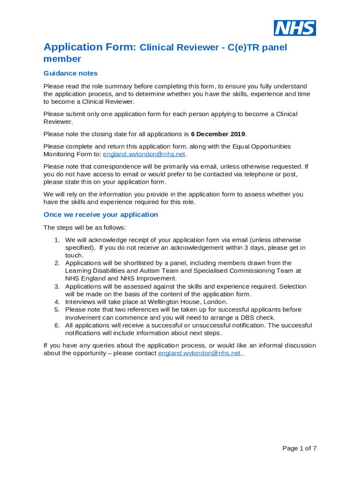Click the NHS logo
pyautogui.click(x=295, y=28)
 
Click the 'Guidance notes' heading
pyautogui.click(x=71, y=73)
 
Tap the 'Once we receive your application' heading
pyautogui.click(x=101, y=215)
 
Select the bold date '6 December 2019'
pyautogui.click(x=218, y=134)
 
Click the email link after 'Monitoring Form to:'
pyautogui.click(x=144, y=154)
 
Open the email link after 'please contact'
pyautogui.click(x=200, y=353)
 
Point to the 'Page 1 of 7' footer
pyautogui.click(x=299, y=448)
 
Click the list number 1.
pyautogui.click(x=56, y=240)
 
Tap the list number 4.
pyautogui.click(x=56, y=302)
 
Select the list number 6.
pyautogui.click(x=56, y=326)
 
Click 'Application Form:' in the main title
pyautogui.click(x=90, y=47)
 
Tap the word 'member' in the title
pyautogui.click(x=62, y=59)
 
